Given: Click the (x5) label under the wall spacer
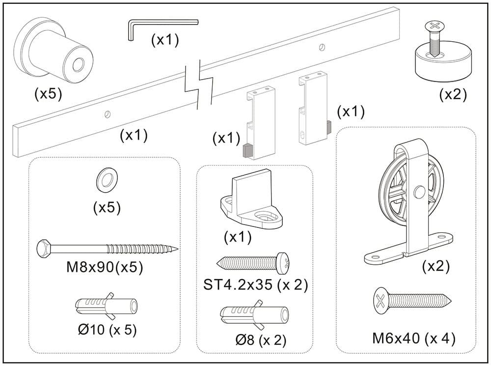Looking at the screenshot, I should (48, 94).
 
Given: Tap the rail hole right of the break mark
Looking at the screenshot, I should (322, 47).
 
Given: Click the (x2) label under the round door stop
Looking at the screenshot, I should (452, 94).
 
